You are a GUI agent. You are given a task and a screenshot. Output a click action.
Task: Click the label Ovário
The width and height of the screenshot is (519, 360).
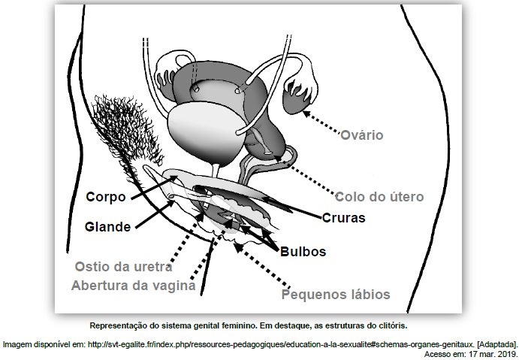click(362, 135)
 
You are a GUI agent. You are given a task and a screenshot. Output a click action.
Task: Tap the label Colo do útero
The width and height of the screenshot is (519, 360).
click(379, 197)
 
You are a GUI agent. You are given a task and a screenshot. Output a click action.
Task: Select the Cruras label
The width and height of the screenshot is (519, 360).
click(343, 218)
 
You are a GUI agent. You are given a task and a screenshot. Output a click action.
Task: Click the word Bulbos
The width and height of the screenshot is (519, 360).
click(303, 252)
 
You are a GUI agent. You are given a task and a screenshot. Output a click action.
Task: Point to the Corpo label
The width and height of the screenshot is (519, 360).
click(106, 197)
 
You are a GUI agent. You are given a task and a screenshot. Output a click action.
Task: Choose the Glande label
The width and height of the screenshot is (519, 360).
click(107, 227)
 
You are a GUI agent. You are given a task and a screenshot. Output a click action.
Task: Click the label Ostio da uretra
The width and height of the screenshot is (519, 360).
click(123, 267)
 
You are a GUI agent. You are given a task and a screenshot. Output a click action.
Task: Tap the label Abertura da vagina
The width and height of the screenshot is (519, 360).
click(134, 286)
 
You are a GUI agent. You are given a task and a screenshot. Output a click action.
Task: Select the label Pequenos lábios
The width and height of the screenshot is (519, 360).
click(336, 295)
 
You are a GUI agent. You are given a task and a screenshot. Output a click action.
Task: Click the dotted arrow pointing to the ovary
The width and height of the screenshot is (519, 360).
click(321, 123)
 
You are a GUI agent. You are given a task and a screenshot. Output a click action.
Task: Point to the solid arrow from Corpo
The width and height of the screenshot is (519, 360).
click(154, 187)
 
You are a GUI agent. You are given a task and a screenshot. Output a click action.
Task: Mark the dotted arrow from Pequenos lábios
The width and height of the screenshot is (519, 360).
click(262, 265)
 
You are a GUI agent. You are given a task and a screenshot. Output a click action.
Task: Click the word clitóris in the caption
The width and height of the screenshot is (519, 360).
click(394, 325)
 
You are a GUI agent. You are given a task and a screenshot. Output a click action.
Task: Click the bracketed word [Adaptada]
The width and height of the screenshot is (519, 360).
click(497, 345)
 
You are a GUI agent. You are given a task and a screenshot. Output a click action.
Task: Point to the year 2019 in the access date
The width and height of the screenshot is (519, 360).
click(509, 354)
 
